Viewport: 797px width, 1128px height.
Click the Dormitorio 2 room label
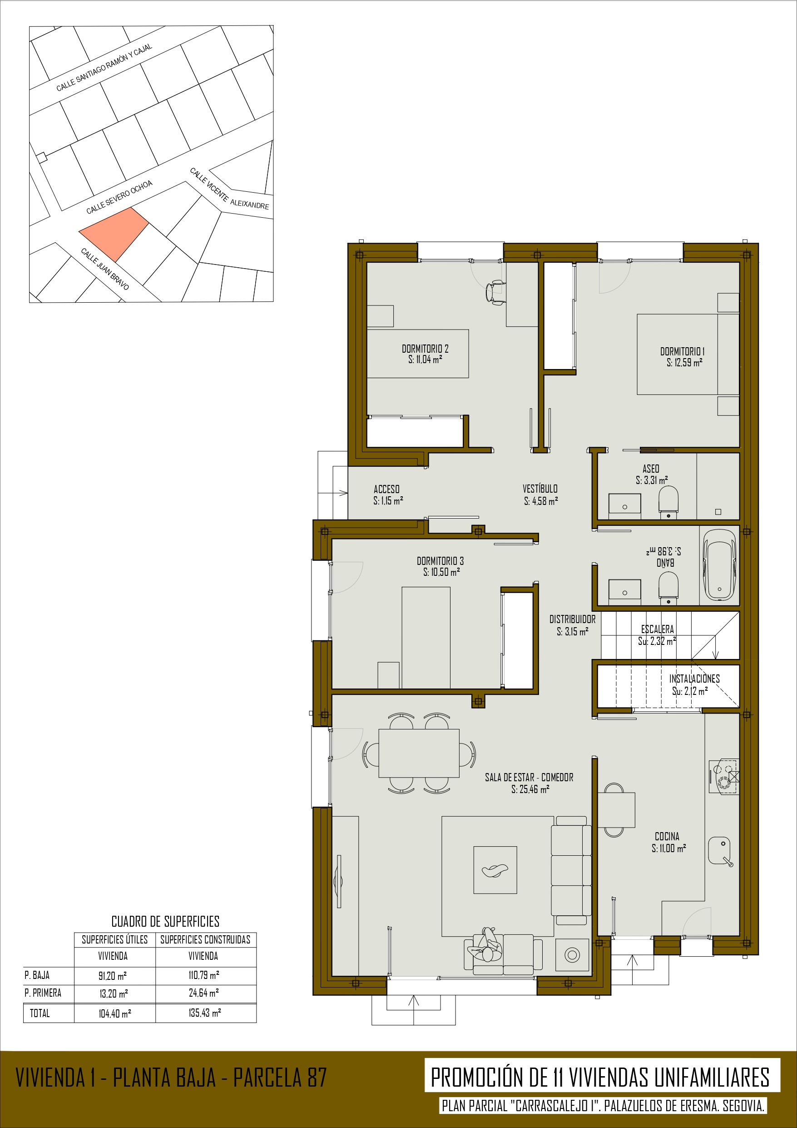pyautogui.click(x=425, y=348)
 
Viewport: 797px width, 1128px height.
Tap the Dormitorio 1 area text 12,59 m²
pyautogui.click(x=684, y=362)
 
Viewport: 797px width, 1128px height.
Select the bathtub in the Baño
pyautogui.click(x=719, y=564)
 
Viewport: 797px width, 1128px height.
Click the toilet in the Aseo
pyautogui.click(x=668, y=502)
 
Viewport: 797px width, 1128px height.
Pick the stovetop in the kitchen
pyautogui.click(x=724, y=776)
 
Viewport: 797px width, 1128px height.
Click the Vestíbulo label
pyautogui.click(x=540, y=489)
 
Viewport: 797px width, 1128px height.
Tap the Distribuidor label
pyautogui.click(x=573, y=619)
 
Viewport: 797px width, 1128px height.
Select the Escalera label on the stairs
pyautogui.click(x=658, y=629)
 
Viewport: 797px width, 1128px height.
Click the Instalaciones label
pyautogui.click(x=694, y=679)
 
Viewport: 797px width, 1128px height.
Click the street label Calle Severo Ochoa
pyautogui.click(x=119, y=197)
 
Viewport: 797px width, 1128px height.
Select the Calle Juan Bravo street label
pyautogui.click(x=104, y=269)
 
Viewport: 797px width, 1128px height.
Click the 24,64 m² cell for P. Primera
pyautogui.click(x=204, y=993)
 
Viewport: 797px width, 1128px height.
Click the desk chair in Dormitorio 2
pyautogui.click(x=495, y=293)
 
